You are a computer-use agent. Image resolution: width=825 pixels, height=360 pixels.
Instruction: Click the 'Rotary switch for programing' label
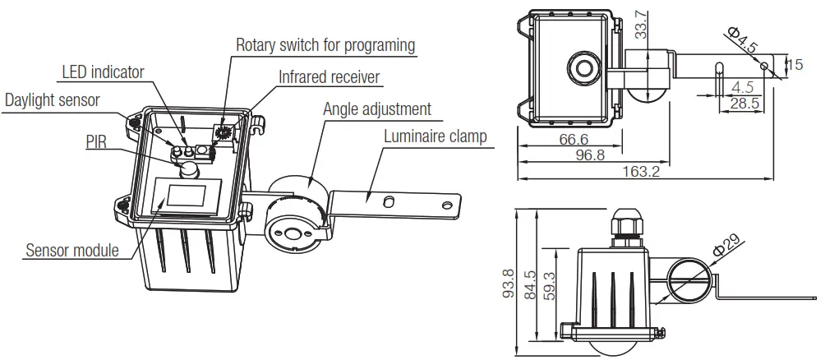coord(325,44)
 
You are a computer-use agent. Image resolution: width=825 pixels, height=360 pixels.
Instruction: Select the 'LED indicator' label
coord(103,72)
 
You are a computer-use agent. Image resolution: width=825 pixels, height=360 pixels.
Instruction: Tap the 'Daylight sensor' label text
coord(52,100)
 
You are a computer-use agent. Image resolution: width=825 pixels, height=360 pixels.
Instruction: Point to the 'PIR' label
coord(96,141)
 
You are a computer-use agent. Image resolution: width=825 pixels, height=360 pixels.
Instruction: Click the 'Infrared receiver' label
coord(329,77)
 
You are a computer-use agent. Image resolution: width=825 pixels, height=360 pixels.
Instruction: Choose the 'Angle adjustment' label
coord(376,108)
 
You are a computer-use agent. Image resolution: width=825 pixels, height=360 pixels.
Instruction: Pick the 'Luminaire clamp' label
coord(436,136)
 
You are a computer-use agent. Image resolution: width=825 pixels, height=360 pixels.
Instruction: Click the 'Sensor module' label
coord(72,250)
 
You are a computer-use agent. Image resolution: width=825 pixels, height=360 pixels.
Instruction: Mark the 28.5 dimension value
coord(744,104)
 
